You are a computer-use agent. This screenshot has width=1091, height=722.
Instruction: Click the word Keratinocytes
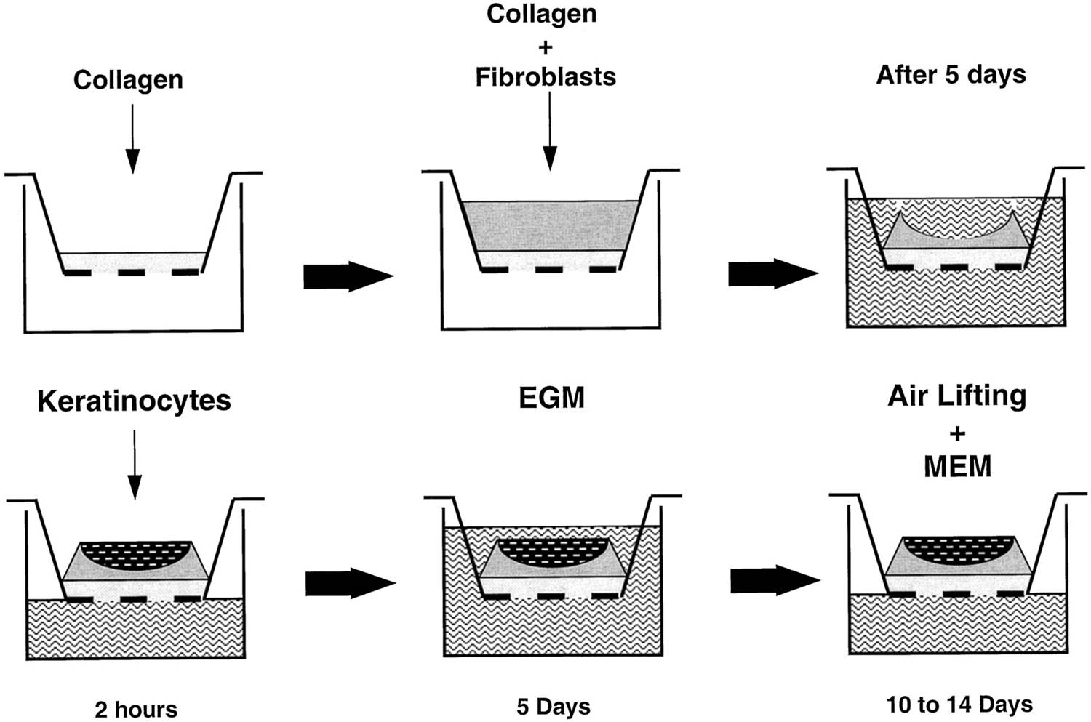(134, 401)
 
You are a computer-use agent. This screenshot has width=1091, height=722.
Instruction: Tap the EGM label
(551, 398)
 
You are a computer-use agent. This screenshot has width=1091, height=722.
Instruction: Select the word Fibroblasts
(545, 77)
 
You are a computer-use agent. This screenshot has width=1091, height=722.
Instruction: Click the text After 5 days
(951, 74)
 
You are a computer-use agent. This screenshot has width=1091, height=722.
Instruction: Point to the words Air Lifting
(956, 396)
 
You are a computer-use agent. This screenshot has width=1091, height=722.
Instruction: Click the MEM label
(957, 466)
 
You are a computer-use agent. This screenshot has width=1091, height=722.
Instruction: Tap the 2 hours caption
(136, 709)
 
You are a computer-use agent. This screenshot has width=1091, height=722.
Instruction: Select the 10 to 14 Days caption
(959, 705)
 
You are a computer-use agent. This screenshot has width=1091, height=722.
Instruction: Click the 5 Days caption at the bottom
(554, 707)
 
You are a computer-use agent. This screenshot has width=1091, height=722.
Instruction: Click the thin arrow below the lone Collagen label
(132, 138)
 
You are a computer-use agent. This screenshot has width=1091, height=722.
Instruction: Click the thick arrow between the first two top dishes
(348, 276)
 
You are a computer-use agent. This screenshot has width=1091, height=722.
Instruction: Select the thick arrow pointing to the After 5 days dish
(772, 273)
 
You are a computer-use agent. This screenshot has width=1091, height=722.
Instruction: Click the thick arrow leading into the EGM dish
(349, 583)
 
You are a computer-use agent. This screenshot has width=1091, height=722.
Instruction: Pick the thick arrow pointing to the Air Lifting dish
(775, 580)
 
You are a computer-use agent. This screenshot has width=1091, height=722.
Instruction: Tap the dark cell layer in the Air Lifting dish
(958, 552)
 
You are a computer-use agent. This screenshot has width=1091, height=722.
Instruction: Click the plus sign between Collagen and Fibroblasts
(545, 47)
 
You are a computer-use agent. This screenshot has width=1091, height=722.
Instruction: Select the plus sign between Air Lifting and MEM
(957, 433)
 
